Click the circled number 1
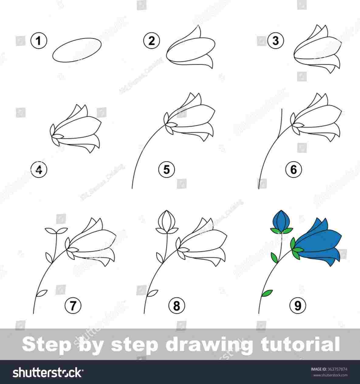(x=39, y=41)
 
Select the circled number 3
(x=276, y=41)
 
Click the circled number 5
(x=166, y=169)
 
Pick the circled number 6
(x=293, y=169)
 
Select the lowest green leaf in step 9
(x=267, y=293)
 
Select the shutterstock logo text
(x=47, y=372)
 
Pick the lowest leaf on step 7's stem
(x=42, y=293)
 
